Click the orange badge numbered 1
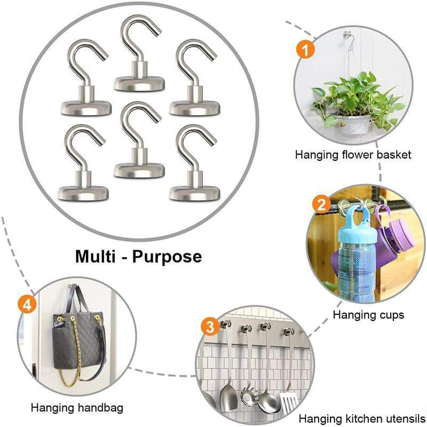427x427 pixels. point(305,50)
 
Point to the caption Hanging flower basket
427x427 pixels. point(353,155)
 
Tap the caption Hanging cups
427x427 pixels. point(368,315)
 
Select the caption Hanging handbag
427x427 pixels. point(77,408)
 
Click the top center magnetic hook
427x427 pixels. point(140,59)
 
